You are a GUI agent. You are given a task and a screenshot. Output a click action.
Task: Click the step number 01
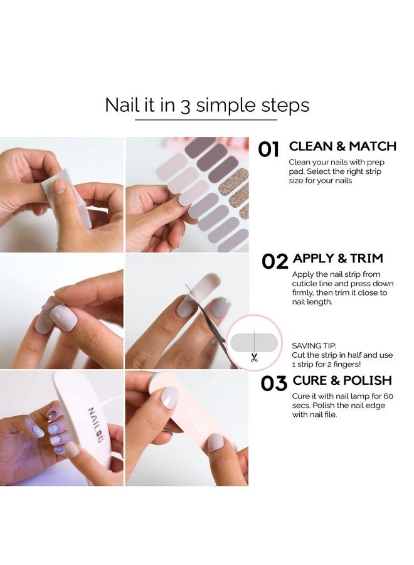[x=268, y=149]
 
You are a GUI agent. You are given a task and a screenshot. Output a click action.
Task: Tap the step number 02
[x=275, y=261]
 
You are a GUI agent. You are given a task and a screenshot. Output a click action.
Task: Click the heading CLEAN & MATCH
[x=342, y=146]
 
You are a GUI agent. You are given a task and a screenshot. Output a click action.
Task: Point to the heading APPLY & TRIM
[x=338, y=259]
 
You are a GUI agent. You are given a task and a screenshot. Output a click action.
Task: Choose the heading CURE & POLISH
[x=342, y=380]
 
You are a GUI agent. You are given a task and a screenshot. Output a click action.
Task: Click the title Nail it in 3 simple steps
[x=207, y=105]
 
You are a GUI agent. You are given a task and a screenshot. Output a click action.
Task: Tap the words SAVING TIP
[x=314, y=345]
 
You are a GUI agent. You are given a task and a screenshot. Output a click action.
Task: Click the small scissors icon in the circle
[x=254, y=358]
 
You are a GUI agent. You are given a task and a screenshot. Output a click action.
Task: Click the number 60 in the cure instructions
[x=388, y=396]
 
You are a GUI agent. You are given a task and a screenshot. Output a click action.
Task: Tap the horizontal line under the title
[x=206, y=120]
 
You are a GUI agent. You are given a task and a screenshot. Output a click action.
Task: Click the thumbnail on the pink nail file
[x=169, y=397]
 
